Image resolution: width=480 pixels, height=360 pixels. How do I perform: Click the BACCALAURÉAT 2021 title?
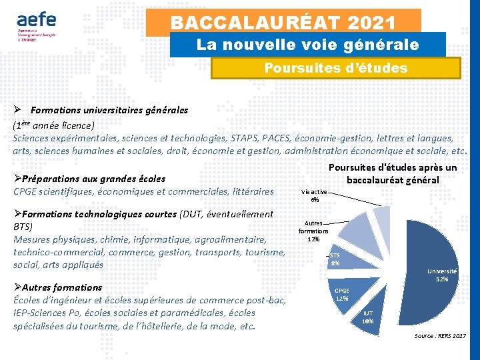[x=283, y=22]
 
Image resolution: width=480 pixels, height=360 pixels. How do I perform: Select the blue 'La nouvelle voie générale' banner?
[x=307, y=45]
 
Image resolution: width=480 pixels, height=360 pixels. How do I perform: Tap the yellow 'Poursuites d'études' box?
[x=335, y=68]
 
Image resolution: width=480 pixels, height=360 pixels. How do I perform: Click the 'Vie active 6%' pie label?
[x=314, y=195]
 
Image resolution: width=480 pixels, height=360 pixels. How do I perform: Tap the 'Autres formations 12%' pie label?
[x=314, y=231]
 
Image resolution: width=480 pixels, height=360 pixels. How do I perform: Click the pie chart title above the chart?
[x=393, y=173]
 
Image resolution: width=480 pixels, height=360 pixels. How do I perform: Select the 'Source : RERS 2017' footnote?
[x=439, y=335]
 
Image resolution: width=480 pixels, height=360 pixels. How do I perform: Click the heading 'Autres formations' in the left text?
[x=62, y=287]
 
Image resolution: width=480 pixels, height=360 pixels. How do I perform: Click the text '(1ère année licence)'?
[x=53, y=125]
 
